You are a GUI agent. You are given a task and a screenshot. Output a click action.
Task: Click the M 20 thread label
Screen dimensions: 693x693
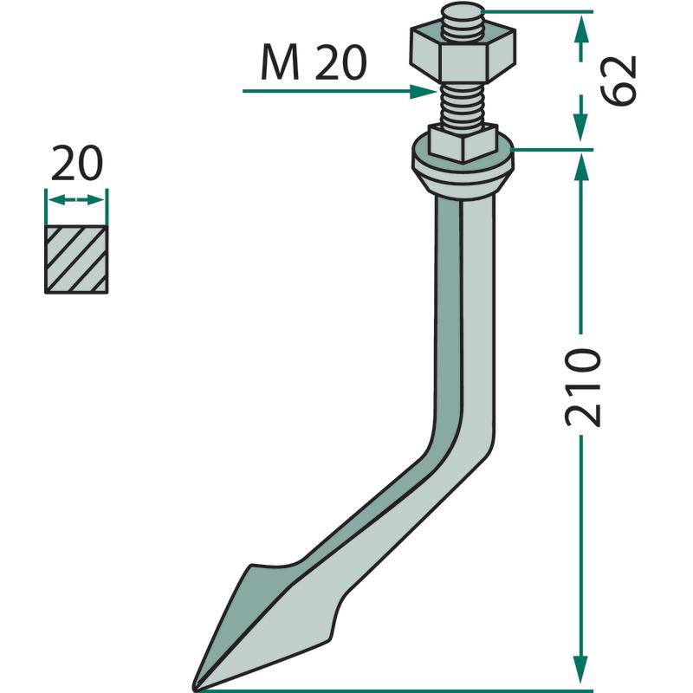tap(314, 62)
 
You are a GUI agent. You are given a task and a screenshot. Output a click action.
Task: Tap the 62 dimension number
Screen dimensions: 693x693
tap(619, 81)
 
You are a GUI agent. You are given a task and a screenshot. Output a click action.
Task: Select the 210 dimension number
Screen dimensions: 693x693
tap(583, 387)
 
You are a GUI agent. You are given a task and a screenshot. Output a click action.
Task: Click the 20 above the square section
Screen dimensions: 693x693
tap(77, 163)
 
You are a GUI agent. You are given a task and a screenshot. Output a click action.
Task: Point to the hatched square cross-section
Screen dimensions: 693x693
tap(76, 259)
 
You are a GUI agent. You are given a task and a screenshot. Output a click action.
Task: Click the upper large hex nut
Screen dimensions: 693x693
tap(463, 55)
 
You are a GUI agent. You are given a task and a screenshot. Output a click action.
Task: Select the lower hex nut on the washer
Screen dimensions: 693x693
tap(463, 143)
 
